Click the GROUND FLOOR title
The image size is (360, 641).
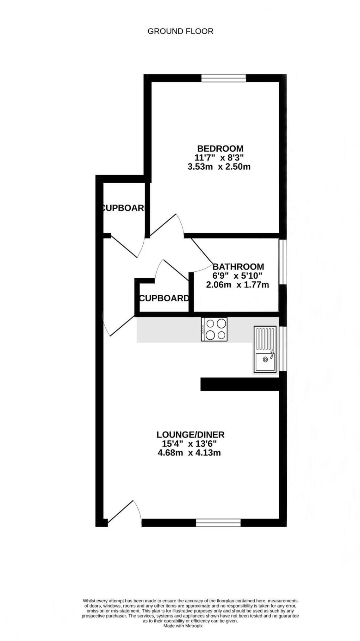(180, 31)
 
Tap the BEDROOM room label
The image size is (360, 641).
(220, 148)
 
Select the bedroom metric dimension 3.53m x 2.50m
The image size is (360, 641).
(219, 167)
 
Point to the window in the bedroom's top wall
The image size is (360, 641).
(224, 78)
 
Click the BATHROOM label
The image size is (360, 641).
(238, 267)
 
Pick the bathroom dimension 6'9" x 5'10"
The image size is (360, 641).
(237, 275)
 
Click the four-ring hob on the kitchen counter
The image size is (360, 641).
(214, 329)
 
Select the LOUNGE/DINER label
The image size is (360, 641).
(190, 435)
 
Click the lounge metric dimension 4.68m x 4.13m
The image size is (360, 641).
(189, 453)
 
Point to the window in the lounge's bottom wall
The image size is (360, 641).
(218, 523)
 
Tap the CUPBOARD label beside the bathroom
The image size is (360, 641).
(164, 298)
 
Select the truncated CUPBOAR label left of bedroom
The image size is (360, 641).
(123, 208)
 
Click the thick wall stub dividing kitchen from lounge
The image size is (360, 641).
(239, 384)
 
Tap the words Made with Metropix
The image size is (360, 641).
(183, 626)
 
